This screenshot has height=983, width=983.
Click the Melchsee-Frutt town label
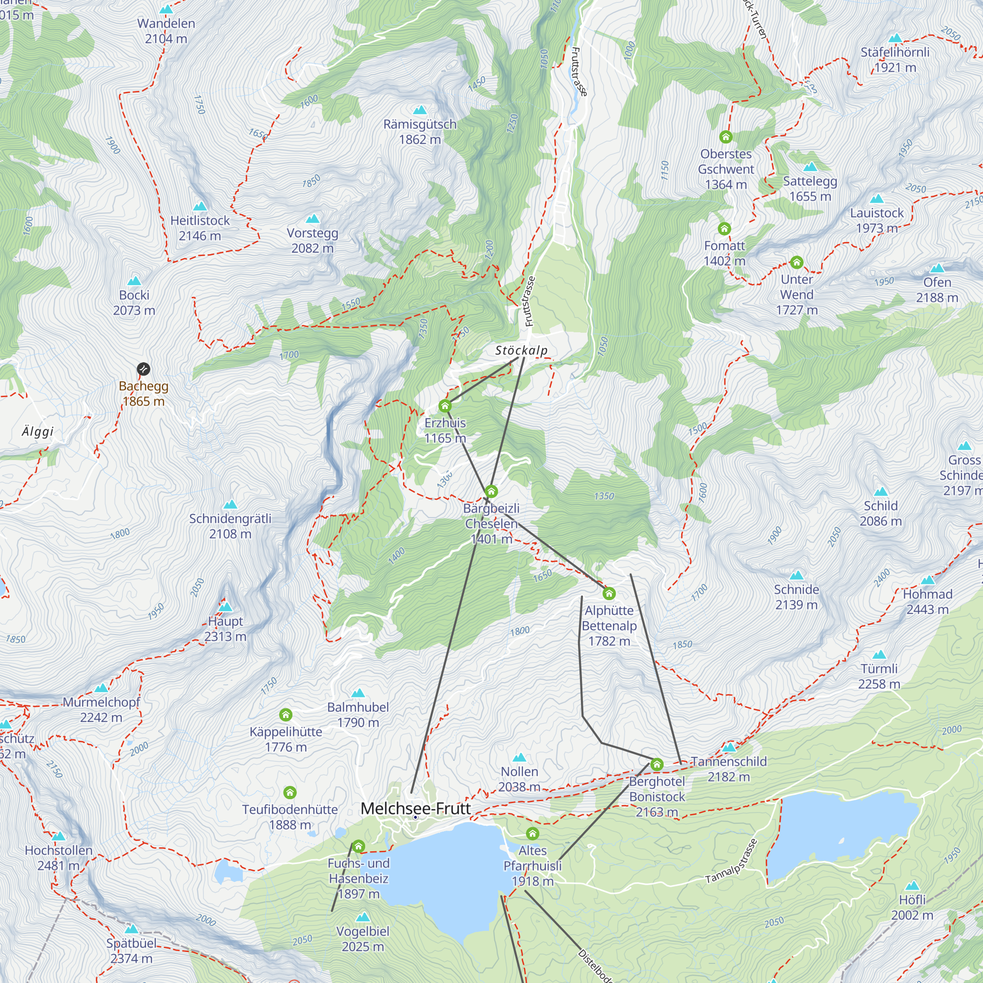416,808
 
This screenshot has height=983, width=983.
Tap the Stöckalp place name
521,350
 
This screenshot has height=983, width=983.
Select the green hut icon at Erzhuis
445,405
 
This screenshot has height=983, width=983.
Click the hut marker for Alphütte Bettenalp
608,593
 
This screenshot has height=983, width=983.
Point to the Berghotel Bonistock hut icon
656,764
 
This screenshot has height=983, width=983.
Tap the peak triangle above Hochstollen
58,836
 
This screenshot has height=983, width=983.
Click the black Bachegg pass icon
144,369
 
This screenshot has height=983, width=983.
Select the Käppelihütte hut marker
286,715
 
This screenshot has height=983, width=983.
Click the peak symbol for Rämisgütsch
420,110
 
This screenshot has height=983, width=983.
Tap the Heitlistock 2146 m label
200,228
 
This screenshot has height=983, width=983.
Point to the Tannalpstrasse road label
731,861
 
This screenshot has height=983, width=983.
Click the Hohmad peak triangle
927,580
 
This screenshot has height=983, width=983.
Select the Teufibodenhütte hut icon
289,792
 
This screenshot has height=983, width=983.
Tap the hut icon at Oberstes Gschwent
725,137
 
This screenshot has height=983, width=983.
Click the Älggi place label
38,432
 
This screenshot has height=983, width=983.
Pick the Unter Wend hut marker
796,262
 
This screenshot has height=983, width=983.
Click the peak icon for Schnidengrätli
230,504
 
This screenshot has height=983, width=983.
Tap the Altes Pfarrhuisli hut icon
532,834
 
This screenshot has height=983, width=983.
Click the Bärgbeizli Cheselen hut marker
491,491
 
